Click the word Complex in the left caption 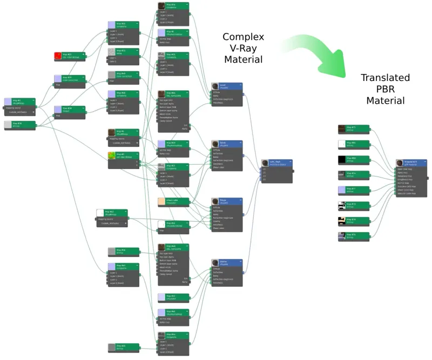(243, 37)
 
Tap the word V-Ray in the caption (243, 48)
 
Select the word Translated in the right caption (385, 78)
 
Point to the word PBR (385, 89)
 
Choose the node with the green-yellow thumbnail (123, 157)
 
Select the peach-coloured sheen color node (173, 201)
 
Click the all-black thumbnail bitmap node (353, 159)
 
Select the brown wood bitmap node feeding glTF (353, 128)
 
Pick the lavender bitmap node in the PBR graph (353, 190)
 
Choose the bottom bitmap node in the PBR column (353, 236)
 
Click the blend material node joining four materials (276, 163)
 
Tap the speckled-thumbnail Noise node (123, 52)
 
